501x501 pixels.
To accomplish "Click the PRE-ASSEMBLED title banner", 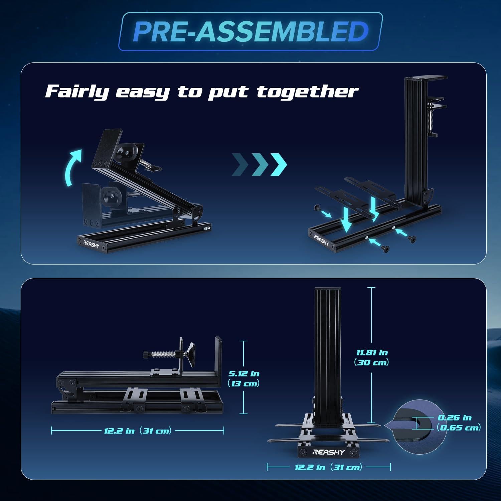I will coord(251,31).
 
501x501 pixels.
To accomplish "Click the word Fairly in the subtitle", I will coord(77,91).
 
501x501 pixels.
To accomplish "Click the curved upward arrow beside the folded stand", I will coord(74,167).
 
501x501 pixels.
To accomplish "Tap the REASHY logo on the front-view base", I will coord(328,453).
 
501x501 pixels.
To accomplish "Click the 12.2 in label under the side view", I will coord(120,431).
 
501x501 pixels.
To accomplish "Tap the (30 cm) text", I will coord(371,362).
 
